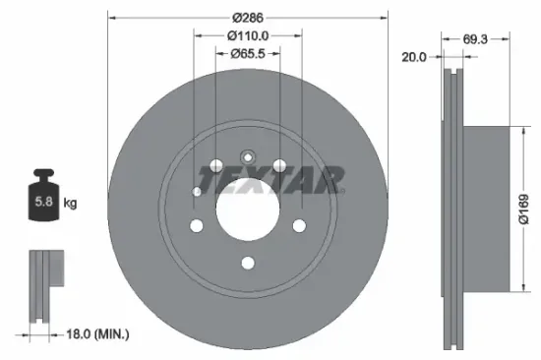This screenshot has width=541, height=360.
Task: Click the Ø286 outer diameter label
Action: [x=247, y=17]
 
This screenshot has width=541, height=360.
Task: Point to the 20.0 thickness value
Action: [x=414, y=57]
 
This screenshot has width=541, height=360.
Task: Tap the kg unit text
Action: [x=70, y=204]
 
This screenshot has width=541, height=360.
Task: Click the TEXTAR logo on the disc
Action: [x=270, y=180]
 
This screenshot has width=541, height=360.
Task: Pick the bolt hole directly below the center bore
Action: [x=247, y=262]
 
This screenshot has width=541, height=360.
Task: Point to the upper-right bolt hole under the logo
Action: [x=279, y=164]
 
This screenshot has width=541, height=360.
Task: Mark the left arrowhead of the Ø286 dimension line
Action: [x=111, y=17]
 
